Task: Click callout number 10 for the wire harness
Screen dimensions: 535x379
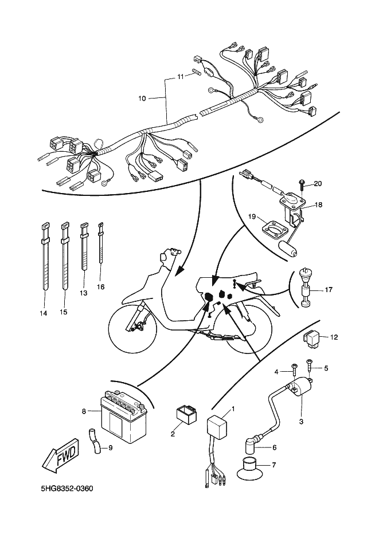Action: click(142, 99)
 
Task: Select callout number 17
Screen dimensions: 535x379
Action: click(329, 290)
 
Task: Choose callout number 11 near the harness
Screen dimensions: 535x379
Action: click(180, 76)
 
